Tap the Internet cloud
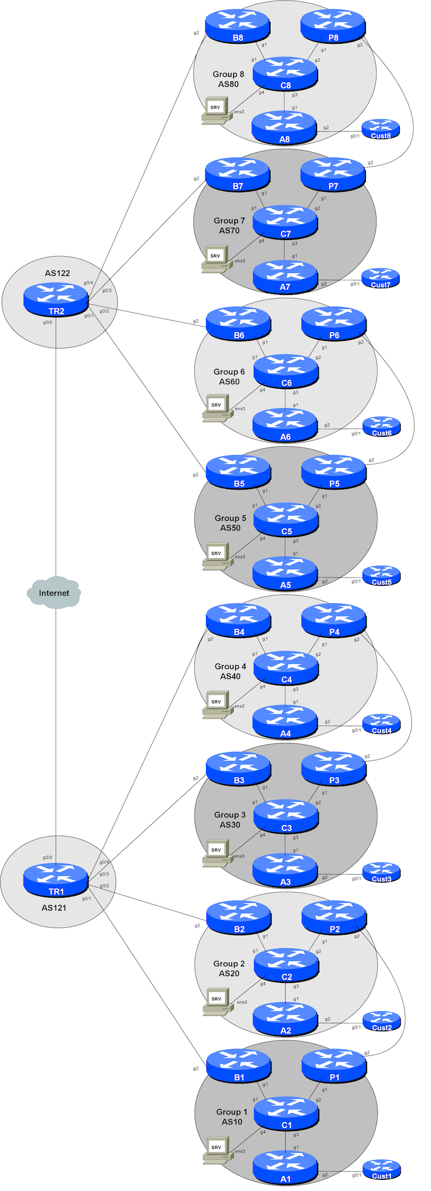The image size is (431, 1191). click(54, 592)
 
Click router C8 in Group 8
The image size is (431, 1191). click(285, 74)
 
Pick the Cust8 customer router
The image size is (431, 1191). click(380, 130)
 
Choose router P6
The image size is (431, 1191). click(334, 324)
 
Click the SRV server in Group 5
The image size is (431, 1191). click(217, 556)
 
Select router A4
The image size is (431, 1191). click(285, 722)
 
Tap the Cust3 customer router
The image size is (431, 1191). click(382, 873)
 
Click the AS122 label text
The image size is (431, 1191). click(57, 273)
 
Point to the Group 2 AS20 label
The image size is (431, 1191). click(229, 968)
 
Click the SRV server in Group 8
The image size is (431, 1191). click(216, 110)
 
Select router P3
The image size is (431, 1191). click(334, 769)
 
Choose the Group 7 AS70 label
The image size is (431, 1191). click(229, 225)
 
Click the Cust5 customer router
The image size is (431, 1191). click(382, 576)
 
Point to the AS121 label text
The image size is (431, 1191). click(54, 907)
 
